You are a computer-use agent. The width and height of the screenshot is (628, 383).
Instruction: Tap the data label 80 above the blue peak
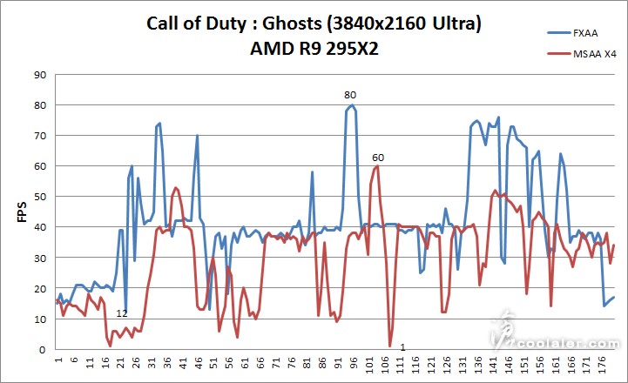pyautogui.click(x=350, y=94)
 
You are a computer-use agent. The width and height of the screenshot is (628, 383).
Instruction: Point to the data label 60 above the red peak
pyautogui.click(x=377, y=158)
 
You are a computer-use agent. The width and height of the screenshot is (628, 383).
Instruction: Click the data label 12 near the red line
pyautogui.click(x=122, y=313)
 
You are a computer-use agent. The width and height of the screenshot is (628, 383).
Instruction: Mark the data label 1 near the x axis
pyautogui.click(x=402, y=348)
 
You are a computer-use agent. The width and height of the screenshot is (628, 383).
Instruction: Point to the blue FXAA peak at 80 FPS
pyautogui.click(x=351, y=105)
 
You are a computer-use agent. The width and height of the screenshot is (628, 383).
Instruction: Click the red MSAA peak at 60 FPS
pyautogui.click(x=376, y=166)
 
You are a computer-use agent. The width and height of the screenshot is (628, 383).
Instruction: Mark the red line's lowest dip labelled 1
pyautogui.click(x=390, y=346)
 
